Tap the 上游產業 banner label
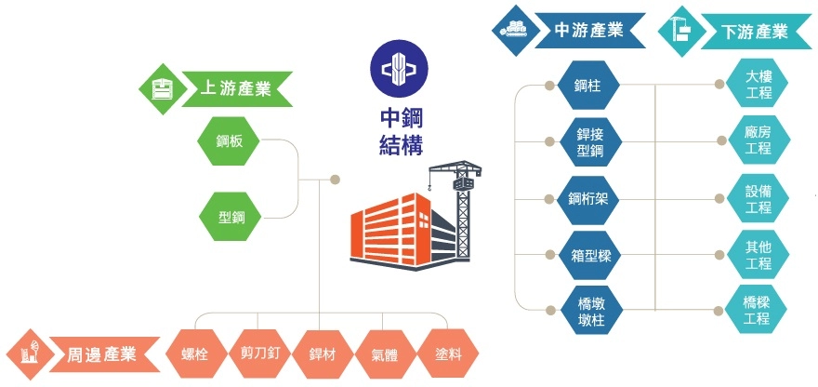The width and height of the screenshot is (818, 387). click(235, 88)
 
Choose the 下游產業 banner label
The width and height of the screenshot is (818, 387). click(753, 31)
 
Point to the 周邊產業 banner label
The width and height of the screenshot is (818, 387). click(101, 354)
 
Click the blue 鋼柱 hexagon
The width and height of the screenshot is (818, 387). click(587, 86)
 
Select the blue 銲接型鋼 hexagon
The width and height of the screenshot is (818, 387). click(587, 142)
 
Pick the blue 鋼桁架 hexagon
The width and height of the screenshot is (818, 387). click(587, 199)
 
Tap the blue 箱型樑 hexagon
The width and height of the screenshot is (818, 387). click(587, 254)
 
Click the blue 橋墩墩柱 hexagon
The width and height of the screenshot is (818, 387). click(587, 311)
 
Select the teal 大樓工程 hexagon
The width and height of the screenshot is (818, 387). click(759, 85)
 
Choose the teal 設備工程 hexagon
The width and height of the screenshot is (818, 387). click(759, 198)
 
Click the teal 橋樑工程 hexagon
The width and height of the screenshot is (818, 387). click(759, 310)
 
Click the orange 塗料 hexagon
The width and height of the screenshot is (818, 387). click(449, 354)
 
